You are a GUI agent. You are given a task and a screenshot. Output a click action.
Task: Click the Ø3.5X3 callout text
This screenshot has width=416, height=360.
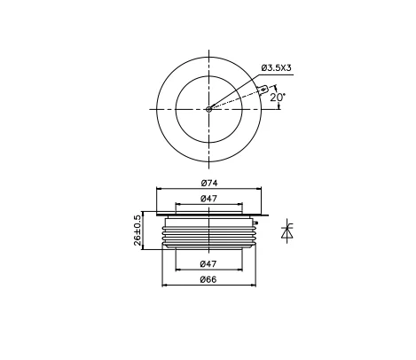point(276,67)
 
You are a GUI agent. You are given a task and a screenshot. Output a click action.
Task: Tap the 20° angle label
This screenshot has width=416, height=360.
point(278,97)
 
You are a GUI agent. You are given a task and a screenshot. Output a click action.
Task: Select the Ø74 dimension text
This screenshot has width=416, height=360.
point(209,184)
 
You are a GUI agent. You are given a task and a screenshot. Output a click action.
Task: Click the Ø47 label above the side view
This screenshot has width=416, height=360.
point(208,199)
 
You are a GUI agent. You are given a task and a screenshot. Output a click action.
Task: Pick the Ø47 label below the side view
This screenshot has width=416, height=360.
point(208,264)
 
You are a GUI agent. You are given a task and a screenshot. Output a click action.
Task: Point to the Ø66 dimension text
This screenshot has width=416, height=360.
point(208,279)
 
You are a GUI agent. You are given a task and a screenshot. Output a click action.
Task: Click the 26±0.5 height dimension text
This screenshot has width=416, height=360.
point(137,231)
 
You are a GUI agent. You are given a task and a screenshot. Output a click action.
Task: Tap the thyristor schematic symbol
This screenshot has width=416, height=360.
point(286,231)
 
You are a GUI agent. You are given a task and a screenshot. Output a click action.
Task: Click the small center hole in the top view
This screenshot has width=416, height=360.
point(208,109)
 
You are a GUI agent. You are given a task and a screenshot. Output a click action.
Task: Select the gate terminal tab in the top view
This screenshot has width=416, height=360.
point(263,89)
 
